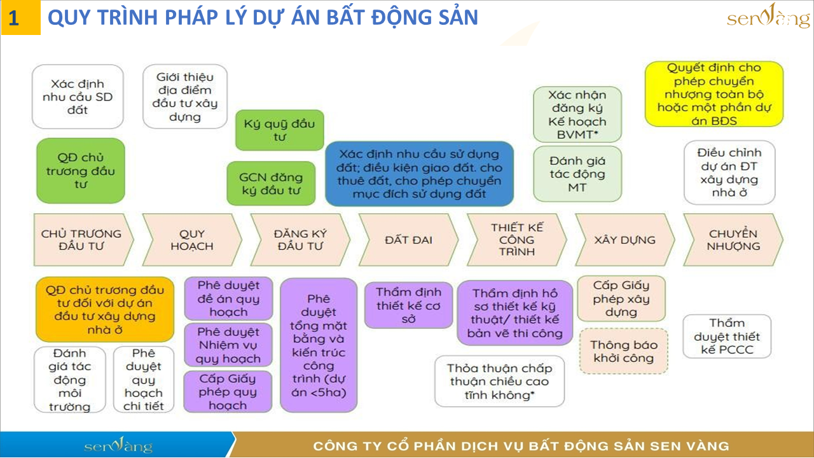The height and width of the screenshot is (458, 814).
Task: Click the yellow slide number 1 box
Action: click(x=21, y=17)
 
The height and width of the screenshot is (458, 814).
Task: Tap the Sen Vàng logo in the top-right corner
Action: click(x=768, y=17)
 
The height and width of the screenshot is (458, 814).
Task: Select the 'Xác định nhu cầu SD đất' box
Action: click(x=78, y=97)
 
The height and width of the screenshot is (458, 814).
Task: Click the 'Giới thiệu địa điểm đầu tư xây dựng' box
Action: click(x=185, y=97)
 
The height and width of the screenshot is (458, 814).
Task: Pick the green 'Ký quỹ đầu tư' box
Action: click(x=279, y=130)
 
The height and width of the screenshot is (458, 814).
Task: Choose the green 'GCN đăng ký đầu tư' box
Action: click(x=271, y=184)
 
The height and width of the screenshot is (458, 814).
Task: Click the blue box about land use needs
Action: click(x=419, y=174)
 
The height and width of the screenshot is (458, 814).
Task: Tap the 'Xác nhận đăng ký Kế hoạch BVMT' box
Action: click(x=577, y=114)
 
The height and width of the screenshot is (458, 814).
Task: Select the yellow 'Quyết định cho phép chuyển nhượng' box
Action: click(x=714, y=94)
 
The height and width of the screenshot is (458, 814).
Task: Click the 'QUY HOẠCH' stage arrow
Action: click(x=192, y=240)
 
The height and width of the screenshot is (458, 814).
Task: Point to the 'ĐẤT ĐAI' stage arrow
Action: click(x=408, y=240)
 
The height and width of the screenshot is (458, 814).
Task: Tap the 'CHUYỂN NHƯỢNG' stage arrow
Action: click(x=733, y=240)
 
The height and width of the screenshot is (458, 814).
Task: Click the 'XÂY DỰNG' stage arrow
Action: click(x=625, y=240)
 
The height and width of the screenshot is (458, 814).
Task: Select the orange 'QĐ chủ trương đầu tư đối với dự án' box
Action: click(x=105, y=310)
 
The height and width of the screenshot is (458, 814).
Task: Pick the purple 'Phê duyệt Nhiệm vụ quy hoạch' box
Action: click(x=228, y=345)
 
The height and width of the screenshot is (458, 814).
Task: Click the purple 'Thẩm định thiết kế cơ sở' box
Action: click(x=408, y=305)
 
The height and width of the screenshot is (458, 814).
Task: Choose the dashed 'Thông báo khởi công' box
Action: click(x=624, y=351)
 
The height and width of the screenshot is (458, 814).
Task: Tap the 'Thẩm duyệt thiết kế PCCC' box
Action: click(x=727, y=337)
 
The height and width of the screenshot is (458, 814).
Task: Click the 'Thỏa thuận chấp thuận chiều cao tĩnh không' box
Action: click(x=500, y=381)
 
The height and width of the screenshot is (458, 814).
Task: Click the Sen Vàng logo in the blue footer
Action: click(x=118, y=445)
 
